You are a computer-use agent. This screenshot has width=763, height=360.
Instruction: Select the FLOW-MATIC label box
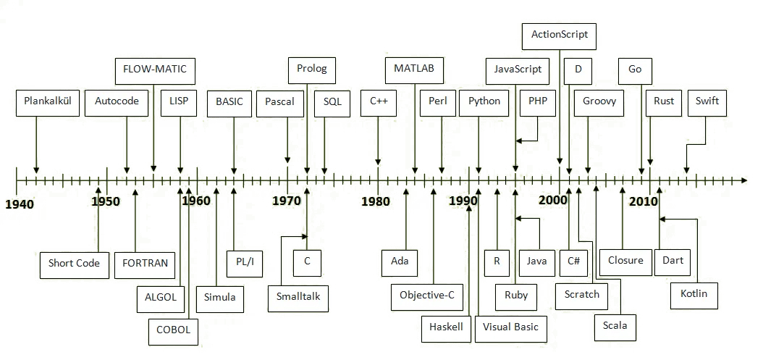[x=155, y=70]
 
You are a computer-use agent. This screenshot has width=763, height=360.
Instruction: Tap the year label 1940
[x=20, y=204]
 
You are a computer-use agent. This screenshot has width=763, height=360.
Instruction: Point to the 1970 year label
[x=287, y=201]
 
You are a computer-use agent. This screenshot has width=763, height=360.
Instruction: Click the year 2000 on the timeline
[x=554, y=200]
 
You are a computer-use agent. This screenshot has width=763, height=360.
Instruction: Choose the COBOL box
[x=173, y=330]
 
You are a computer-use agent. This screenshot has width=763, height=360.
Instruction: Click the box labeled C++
[x=379, y=101]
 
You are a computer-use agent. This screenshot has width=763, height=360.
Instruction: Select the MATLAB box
[x=414, y=70]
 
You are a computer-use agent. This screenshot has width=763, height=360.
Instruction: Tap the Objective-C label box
[x=427, y=294]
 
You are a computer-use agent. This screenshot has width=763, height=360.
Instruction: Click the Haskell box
[x=446, y=327]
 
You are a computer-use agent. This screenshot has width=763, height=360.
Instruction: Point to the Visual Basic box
[x=511, y=327]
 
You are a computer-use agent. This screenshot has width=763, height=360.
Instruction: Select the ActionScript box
[x=559, y=34]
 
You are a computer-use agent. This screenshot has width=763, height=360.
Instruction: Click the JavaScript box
[x=518, y=70]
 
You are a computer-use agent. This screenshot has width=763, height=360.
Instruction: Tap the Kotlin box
[x=694, y=294]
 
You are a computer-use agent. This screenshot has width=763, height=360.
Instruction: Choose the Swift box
[x=707, y=101]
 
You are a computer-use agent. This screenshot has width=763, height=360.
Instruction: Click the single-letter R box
[x=497, y=261]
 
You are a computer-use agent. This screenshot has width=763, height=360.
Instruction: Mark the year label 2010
[x=644, y=201]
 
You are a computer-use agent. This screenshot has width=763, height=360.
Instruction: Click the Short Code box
[x=74, y=263]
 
